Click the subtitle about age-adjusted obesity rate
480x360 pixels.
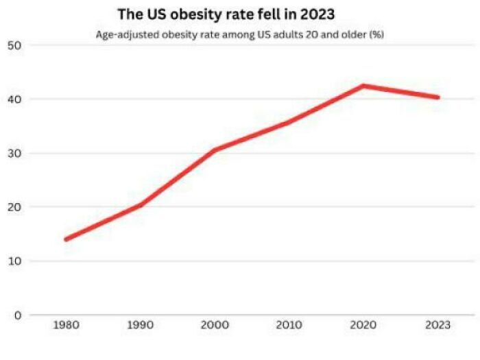click(239, 34)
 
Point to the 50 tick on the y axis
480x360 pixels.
click(14, 45)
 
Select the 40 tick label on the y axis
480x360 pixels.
click(14, 99)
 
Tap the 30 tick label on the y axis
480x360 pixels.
click(14, 154)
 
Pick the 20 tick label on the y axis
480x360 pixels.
click(14, 207)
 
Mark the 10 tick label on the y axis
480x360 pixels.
click(14, 261)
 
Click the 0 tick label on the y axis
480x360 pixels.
click(18, 315)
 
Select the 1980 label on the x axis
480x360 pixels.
click(66, 324)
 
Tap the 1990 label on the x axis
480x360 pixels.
click(140, 324)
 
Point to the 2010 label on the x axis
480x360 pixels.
click(289, 324)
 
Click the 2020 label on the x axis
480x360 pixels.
click(363, 324)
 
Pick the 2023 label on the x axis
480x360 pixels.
click(437, 324)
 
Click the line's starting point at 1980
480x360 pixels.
click(66, 239)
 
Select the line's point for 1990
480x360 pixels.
click(140, 205)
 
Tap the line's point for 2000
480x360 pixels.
click(214, 149)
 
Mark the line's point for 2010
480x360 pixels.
click(289, 122)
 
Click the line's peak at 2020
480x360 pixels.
click(363, 86)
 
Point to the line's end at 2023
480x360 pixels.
click(437, 97)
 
